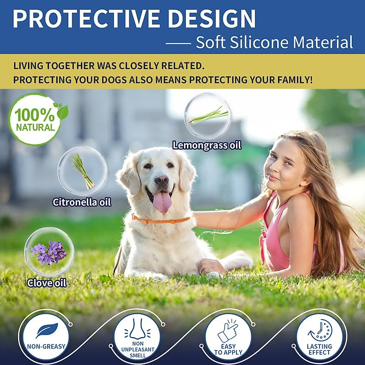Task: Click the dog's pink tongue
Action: point(162,202)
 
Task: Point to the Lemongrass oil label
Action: point(207,145)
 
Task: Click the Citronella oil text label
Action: point(82,202)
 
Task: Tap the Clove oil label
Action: point(47,283)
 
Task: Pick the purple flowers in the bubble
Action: point(49,252)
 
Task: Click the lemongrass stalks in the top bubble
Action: point(208,116)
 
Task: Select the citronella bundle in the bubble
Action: point(82,171)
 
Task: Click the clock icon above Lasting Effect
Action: point(319,330)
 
